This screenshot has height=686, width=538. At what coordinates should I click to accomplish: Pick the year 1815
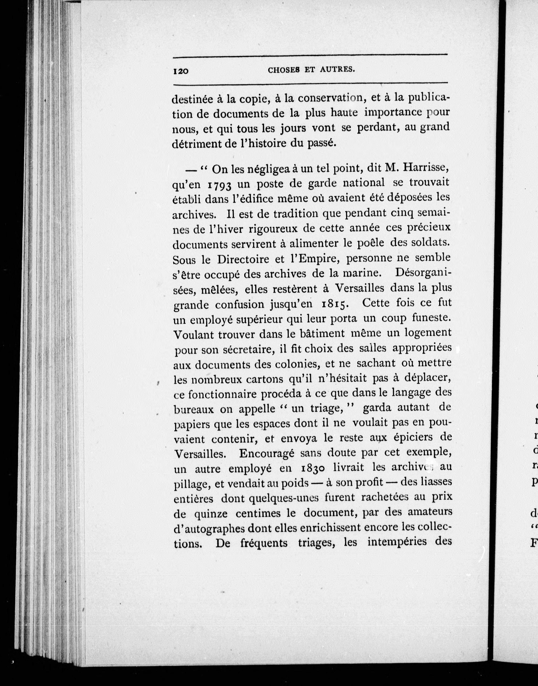(335, 304)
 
